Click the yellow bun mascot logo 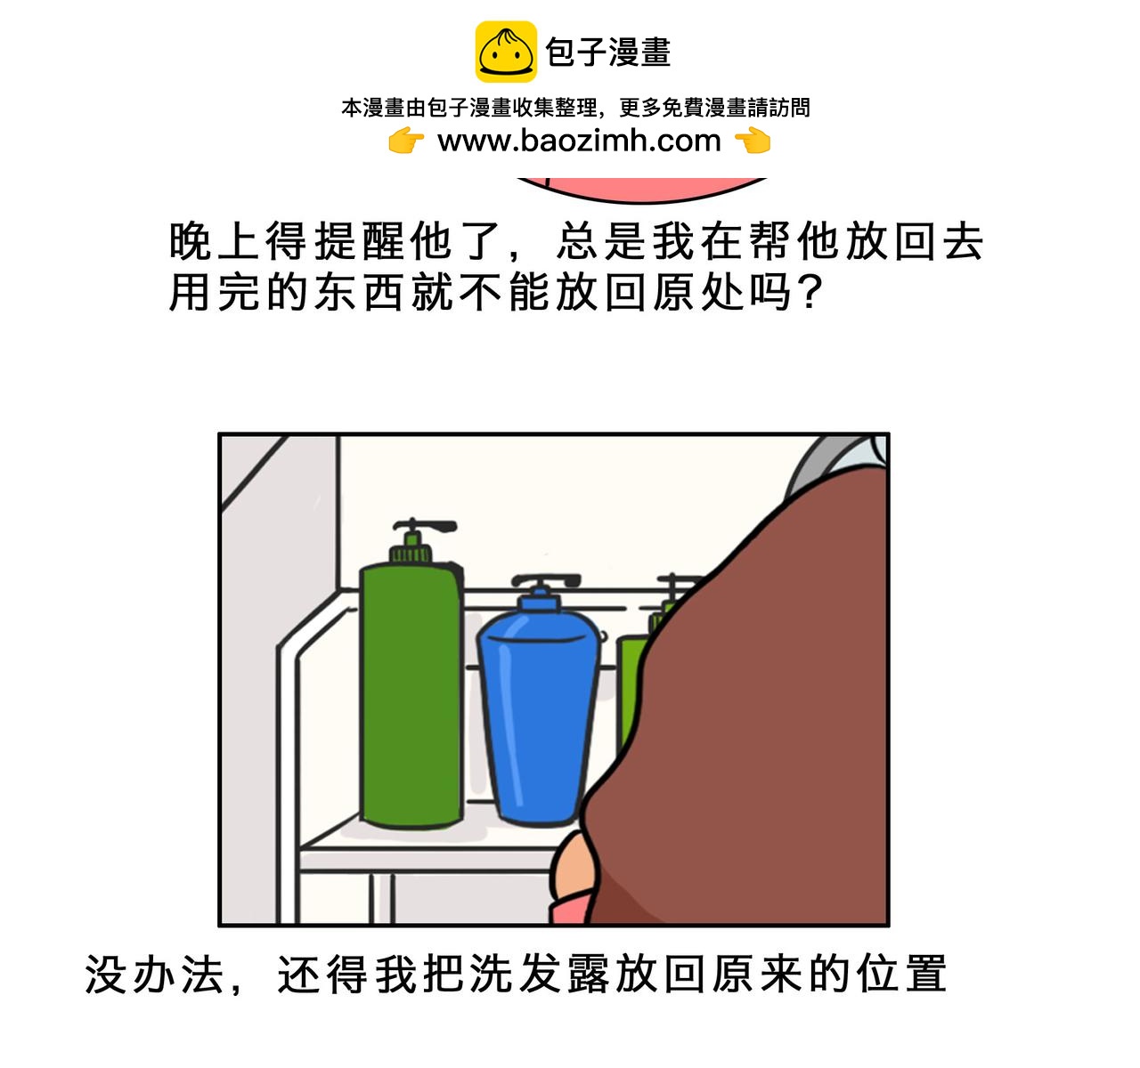point(506,52)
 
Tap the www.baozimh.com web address point(579,141)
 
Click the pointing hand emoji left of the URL point(406,141)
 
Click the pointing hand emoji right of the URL point(753,141)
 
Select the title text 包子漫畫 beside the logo point(608,53)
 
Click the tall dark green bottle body point(411,695)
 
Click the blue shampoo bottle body point(538,717)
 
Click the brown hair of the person point(746,717)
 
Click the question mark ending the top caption point(810,292)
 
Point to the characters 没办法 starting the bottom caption point(154,974)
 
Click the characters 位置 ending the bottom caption point(901,974)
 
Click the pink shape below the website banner point(642,190)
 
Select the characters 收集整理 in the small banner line point(555,108)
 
